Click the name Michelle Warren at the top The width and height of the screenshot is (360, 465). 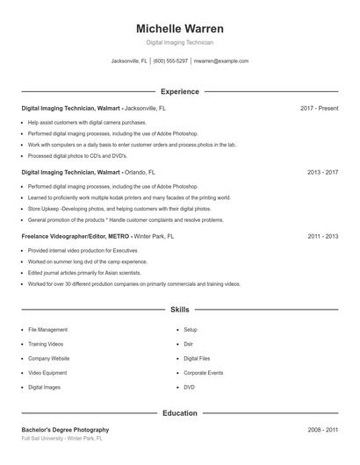[180, 28]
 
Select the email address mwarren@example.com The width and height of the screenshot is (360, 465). [221, 61]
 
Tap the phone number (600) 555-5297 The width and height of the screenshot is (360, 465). [171, 61]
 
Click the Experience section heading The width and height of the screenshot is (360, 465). [180, 91]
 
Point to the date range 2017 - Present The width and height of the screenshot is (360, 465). [319, 109]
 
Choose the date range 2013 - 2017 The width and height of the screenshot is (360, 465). [322, 173]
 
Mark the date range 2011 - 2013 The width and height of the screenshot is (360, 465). [322, 236]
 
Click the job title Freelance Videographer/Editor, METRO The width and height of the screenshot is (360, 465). [76, 236]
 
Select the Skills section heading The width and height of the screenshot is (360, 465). [180, 310]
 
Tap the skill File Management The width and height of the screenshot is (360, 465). [47, 330]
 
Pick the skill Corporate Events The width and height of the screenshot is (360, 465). [203, 372]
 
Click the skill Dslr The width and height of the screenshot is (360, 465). [189, 344]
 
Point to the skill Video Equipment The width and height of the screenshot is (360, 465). [48, 372]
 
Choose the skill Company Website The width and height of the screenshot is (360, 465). [49, 358]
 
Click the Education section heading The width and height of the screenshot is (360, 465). [180, 412]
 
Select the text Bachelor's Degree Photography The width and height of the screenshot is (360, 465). [65, 430]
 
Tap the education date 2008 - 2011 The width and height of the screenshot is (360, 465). [322, 430]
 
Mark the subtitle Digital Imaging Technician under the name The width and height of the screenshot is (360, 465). [180, 42]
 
